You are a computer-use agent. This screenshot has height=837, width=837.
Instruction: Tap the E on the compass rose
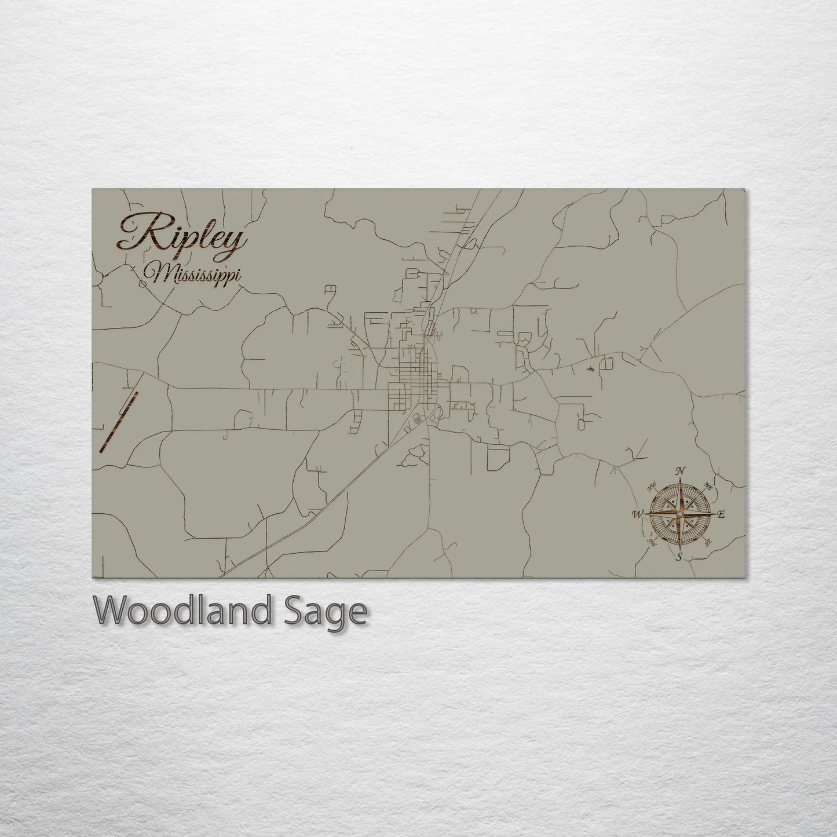[721, 514]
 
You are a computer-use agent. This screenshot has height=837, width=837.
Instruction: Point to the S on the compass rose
[679, 557]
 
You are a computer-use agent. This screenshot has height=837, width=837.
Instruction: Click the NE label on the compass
[707, 486]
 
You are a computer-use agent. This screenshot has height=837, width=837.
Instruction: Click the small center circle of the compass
[680, 514]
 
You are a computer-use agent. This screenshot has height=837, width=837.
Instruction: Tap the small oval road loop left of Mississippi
[142, 284]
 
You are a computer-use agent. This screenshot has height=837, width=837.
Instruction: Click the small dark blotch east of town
[590, 367]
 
